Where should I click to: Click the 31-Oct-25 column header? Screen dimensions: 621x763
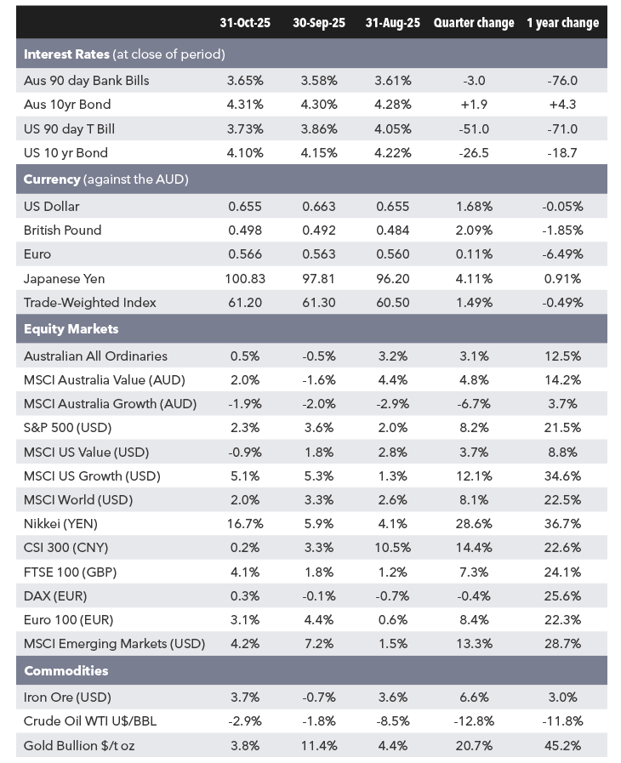[245, 23]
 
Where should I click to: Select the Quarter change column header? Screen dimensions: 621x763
[474, 23]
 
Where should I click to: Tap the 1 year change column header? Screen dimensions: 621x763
[562, 23]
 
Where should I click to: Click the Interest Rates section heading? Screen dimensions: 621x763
[66, 54]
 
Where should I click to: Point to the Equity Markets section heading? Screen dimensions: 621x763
[71, 329]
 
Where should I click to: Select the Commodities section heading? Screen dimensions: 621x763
[66, 670]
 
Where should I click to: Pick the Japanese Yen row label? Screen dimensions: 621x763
[64, 279]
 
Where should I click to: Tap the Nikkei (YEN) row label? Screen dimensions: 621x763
[60, 524]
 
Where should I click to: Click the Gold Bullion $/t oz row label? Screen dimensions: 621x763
[79, 745]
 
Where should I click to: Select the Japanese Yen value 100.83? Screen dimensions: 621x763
[245, 279]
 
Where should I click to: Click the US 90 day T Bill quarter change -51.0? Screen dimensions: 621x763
[474, 129]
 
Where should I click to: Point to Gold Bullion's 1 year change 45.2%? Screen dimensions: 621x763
[562, 745]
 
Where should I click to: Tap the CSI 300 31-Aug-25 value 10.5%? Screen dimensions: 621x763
[393, 548]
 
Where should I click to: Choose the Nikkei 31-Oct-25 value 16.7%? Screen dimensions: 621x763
[245, 524]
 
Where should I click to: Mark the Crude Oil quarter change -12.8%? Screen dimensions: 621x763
[474, 721]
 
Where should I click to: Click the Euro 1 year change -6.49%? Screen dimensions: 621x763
[562, 254]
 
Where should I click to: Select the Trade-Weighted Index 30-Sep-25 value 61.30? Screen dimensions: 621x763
[319, 303]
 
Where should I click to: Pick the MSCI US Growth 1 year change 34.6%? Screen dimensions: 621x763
[562, 475]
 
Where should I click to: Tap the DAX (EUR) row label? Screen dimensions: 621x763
[55, 596]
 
